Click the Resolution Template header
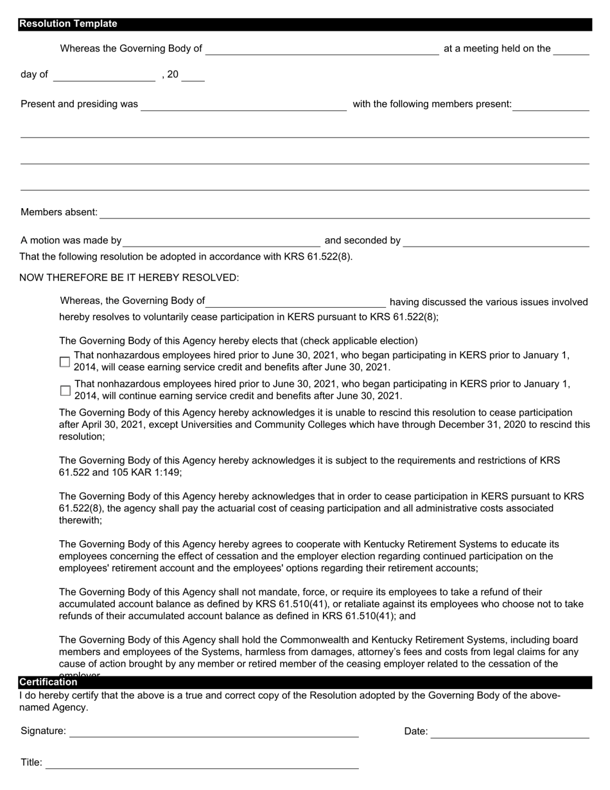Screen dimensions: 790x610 point(68,24)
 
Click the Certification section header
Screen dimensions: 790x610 point(48,683)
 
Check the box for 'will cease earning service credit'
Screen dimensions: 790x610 point(65,362)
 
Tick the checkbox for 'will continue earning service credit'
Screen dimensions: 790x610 point(65,390)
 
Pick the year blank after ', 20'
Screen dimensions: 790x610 point(193,75)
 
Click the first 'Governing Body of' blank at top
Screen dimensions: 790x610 point(322,49)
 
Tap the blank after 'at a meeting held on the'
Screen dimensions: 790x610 point(571,49)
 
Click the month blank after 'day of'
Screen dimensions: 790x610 point(104,75)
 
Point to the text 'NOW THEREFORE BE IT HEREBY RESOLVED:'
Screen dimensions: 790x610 point(129,277)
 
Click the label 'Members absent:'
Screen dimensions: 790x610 point(59,212)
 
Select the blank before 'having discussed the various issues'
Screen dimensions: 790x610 point(295,301)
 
